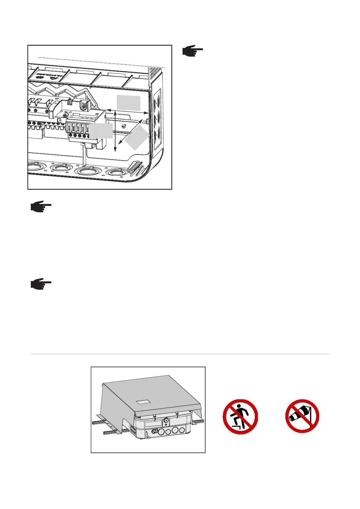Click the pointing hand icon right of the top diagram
tap(193, 51)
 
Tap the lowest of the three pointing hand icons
tap(41, 285)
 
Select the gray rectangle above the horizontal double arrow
tap(129, 103)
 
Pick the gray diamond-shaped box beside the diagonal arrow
tap(137, 138)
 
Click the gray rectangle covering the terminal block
tap(101, 131)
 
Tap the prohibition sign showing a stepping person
tap(240, 417)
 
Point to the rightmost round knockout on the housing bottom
tap(116, 173)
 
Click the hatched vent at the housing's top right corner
tap(155, 73)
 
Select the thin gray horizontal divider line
tap(180, 354)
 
